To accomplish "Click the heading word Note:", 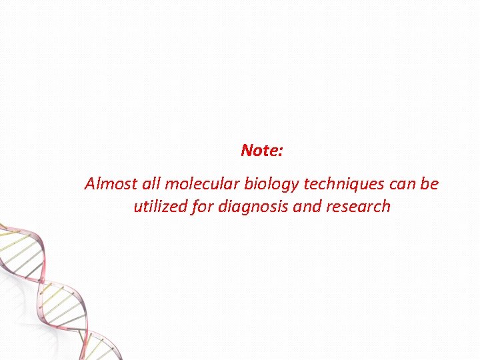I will coord(262,151).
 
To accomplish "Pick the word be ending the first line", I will coord(430,183).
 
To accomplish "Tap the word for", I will coord(203,206).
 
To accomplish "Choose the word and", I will coord(307,206).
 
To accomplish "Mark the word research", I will coord(358,206).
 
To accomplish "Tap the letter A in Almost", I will coord(90,183).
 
